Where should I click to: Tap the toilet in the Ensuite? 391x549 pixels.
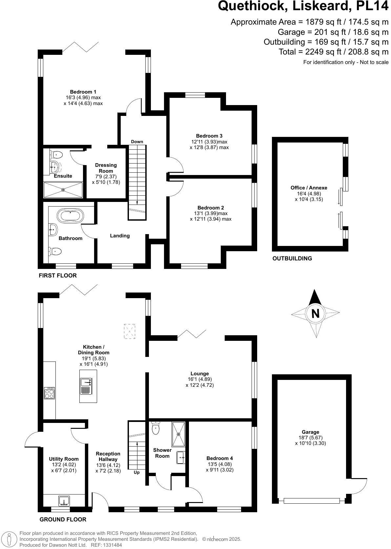[57, 154]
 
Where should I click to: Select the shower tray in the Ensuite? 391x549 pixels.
[63, 189]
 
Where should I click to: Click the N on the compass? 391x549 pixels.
[315, 314]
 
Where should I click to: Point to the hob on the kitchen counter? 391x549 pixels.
[50, 393]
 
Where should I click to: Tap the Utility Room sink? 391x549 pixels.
[64, 501]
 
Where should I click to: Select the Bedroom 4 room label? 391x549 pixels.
[219, 458]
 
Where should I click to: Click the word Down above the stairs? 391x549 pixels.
[137, 142]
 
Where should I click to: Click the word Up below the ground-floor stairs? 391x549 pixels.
[136, 472]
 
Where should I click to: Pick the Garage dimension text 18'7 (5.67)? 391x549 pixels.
[310, 438]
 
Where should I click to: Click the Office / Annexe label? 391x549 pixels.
[309, 188]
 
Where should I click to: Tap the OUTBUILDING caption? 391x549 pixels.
[292, 258]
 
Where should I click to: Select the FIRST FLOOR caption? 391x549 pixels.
[58, 275]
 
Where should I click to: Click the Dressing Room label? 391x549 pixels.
[106, 168]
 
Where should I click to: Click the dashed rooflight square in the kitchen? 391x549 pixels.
[130, 331]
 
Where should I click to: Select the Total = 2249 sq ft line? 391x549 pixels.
[333, 52]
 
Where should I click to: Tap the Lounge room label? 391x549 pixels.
[199, 374]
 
